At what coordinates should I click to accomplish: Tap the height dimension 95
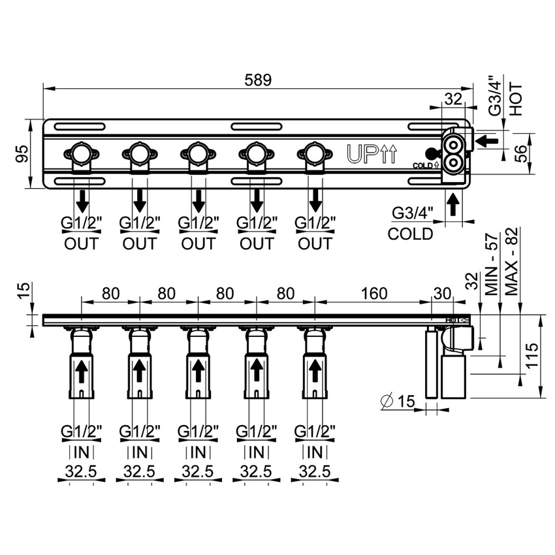pyautogui.click(x=21, y=153)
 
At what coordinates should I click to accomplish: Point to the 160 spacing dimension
pyautogui.click(x=373, y=293)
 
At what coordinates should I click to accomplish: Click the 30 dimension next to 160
pyautogui.click(x=442, y=293)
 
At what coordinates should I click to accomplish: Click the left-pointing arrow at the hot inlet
pyautogui.click(x=487, y=139)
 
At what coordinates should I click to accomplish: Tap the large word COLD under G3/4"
pyautogui.click(x=410, y=234)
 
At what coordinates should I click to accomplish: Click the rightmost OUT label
pyautogui.click(x=315, y=244)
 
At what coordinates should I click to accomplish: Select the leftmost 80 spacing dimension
pyautogui.click(x=110, y=293)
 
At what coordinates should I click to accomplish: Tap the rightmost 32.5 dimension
pyautogui.click(x=315, y=471)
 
